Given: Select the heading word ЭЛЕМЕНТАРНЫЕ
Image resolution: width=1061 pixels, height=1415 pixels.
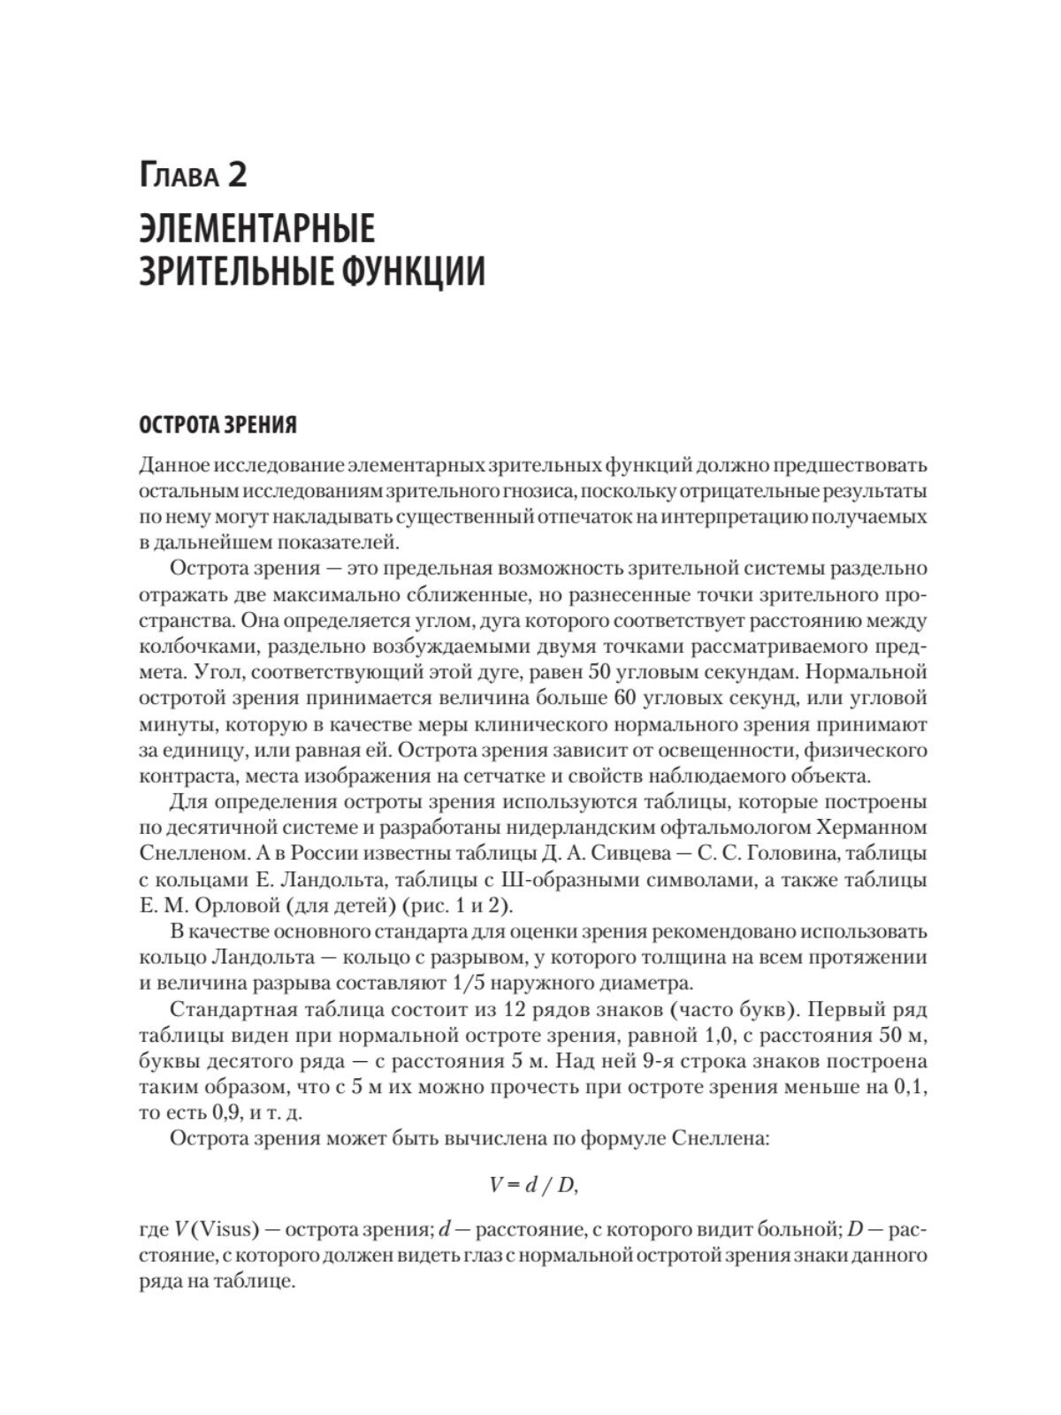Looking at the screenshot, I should (x=257, y=230).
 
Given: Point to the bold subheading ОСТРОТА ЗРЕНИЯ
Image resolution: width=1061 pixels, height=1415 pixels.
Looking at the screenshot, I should (x=218, y=425).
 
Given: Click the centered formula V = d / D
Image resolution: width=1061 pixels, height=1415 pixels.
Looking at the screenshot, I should (x=533, y=1188).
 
